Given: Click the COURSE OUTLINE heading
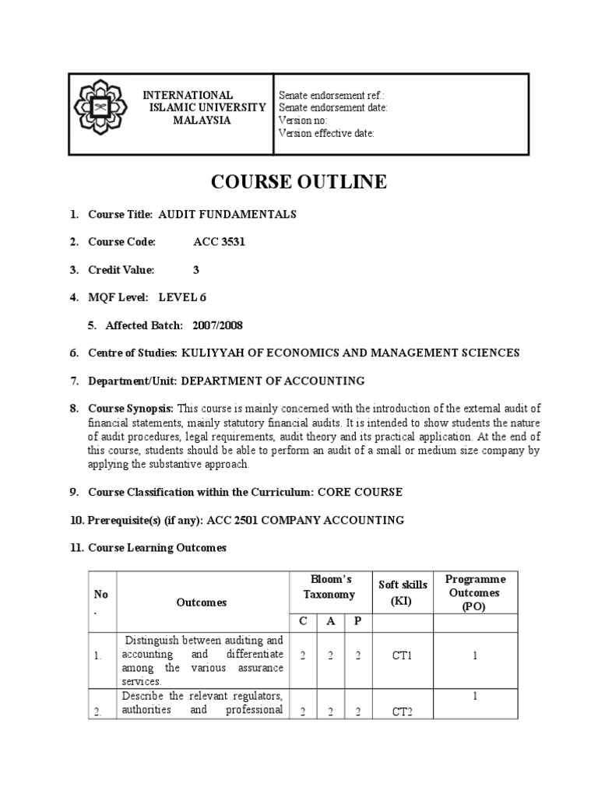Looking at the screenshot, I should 299,182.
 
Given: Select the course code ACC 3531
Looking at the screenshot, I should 219,242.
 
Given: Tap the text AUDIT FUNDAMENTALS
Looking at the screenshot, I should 227,214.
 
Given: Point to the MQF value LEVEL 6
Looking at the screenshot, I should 183,297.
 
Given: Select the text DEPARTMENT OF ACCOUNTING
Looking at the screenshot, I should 273,381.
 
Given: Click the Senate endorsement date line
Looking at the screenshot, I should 333,108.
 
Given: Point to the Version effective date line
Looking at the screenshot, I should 327,133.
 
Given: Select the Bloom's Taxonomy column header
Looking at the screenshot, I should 331,587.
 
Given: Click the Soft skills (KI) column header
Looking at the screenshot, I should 399,592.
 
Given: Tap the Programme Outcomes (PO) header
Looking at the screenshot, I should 475,592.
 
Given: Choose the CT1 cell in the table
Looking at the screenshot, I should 400,656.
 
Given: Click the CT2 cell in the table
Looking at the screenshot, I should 400,715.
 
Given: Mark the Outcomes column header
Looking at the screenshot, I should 202,602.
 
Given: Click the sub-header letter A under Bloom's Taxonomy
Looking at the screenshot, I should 331,621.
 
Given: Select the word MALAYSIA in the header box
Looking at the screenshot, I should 202,121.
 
